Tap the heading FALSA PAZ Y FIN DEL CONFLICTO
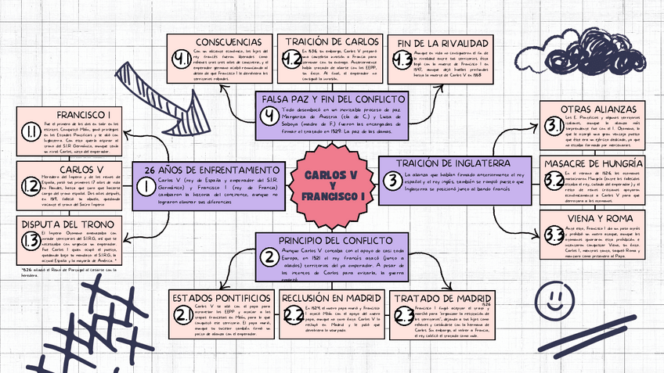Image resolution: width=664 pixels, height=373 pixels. pos(323,100)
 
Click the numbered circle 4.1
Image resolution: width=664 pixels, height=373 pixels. pos(182,58)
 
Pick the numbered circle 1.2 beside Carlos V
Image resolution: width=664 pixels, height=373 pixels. pos(31,185)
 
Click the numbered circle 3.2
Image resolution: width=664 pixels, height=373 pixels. pos(554,181)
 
